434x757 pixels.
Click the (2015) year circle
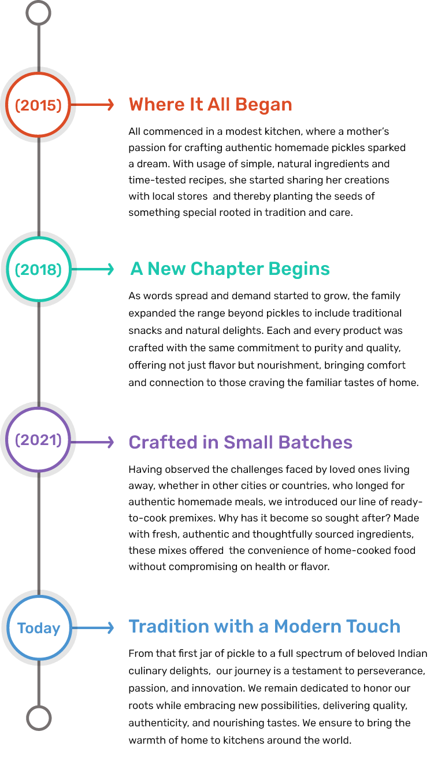tap(38, 105)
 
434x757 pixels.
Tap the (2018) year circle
tap(38, 270)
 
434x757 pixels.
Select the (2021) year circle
tap(38, 440)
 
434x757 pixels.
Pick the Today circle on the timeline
tap(38, 628)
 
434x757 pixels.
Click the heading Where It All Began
tap(210, 105)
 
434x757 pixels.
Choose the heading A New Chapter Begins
tap(230, 269)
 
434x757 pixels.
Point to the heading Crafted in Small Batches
tap(240, 442)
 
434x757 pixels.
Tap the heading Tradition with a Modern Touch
tap(264, 626)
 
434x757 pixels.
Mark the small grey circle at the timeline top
tap(39, 12)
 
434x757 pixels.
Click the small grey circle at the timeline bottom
tap(39, 718)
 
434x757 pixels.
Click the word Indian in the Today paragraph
tap(413, 654)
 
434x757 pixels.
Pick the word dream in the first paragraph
tap(150, 164)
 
